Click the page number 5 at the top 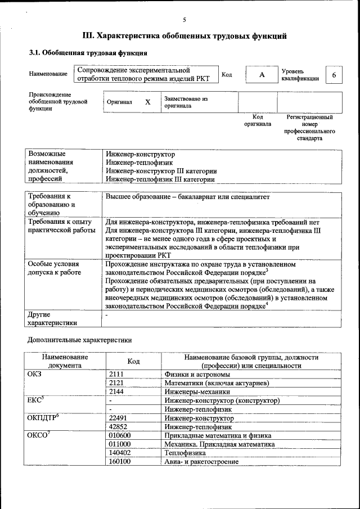click(x=184, y=20)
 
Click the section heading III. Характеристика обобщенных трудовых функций click(x=184, y=36)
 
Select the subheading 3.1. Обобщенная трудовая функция click(x=88, y=53)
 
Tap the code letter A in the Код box click(x=262, y=75)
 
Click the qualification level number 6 click(x=334, y=75)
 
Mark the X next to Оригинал click(x=148, y=102)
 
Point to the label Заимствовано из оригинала click(x=186, y=102)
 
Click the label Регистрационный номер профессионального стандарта click(x=309, y=128)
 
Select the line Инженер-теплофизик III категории click(x=160, y=179)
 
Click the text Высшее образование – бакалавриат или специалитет click(x=188, y=197)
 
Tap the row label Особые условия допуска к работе click(x=55, y=268)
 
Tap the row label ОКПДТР click(x=43, y=418)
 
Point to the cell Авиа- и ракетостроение click(x=201, y=461)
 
